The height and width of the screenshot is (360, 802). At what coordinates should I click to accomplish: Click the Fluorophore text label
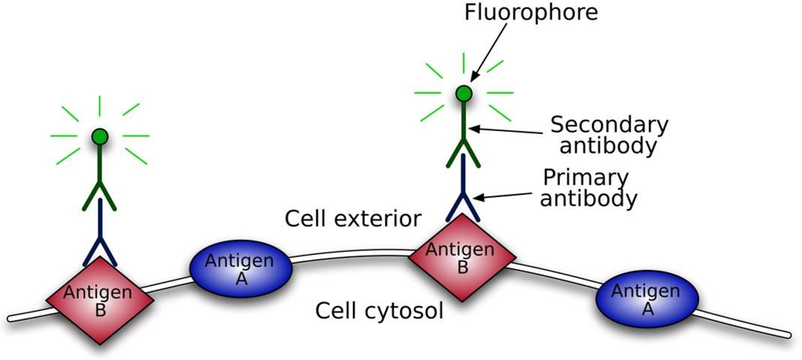coord(531,13)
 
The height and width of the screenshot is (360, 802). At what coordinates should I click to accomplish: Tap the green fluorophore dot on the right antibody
coord(464,94)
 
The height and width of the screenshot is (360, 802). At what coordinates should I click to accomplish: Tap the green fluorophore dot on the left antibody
coord(100,136)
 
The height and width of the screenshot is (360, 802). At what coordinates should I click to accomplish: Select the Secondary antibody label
coord(609,134)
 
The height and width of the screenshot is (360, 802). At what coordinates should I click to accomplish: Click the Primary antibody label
coord(590,188)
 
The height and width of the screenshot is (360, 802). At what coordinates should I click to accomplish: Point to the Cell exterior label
coord(353,219)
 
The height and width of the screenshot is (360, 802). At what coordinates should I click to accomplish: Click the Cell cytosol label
coord(379,310)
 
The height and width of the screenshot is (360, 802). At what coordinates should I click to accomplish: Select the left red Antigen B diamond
coord(100,300)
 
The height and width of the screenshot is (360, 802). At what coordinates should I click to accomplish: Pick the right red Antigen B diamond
coord(462,256)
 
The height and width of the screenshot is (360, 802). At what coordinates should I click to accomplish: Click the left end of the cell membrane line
coord(11,318)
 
